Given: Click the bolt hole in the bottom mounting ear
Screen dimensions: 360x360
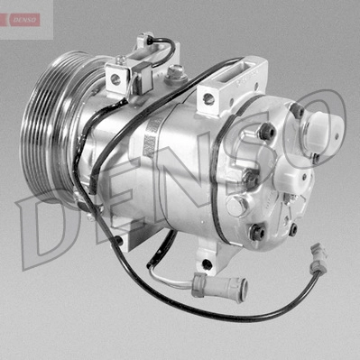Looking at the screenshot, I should pyautogui.click(x=207, y=264).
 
